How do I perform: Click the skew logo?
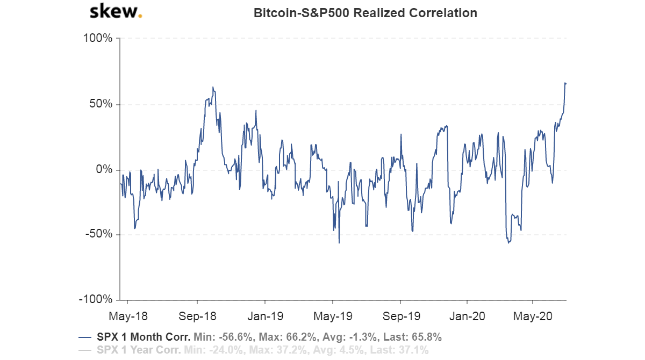pos(115,12)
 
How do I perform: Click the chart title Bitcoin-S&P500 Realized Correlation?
pos(365,13)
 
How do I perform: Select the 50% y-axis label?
pos(100,104)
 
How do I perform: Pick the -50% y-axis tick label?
pos(98,235)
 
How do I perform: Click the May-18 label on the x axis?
pos(128,316)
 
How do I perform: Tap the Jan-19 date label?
pos(265,316)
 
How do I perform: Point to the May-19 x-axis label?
pos(333,316)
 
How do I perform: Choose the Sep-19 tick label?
pos(401,316)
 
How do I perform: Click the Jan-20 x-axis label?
pos(466,316)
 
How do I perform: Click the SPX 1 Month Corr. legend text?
pos(144,337)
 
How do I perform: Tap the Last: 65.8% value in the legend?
pos(415,337)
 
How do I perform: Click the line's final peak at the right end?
pos(565,83)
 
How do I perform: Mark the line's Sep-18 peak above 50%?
pos(213,87)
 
